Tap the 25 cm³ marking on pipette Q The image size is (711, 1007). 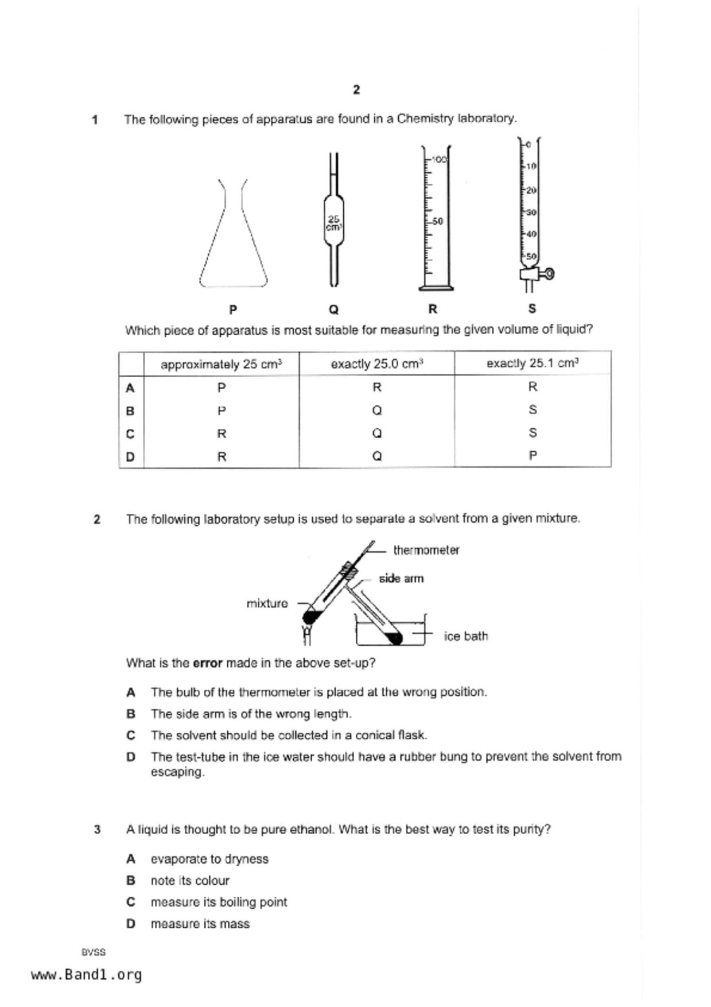333,223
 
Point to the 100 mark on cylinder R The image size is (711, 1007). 438,159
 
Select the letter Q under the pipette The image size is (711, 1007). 333,309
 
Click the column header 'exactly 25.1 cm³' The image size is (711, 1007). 532,363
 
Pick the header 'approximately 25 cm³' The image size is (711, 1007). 221,365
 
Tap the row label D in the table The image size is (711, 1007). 130,457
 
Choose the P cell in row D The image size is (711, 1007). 533,456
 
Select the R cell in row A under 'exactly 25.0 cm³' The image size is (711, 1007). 376,388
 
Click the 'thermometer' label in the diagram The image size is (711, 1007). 426,550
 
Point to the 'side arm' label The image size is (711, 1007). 401,579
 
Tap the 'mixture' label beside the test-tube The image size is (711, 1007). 267,603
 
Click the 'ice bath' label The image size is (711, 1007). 465,636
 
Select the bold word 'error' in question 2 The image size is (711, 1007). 207,663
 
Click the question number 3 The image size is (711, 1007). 97,830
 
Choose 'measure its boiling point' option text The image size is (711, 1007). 219,903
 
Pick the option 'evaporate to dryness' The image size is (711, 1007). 209,859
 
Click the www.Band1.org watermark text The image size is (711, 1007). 86,975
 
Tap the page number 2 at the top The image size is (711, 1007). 356,90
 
